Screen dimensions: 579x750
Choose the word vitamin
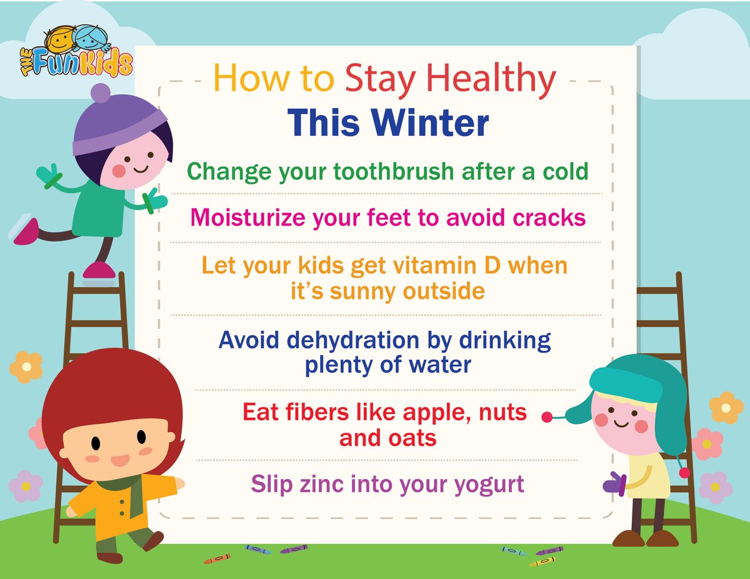tap(421, 266)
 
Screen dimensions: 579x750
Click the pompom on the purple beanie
tap(100, 93)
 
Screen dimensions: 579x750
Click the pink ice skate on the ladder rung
tap(99, 270)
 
